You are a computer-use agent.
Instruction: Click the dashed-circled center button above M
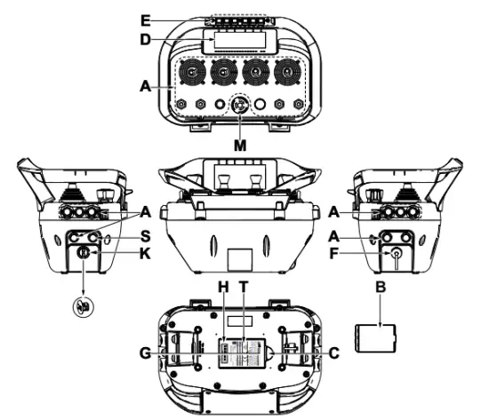click(x=239, y=105)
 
